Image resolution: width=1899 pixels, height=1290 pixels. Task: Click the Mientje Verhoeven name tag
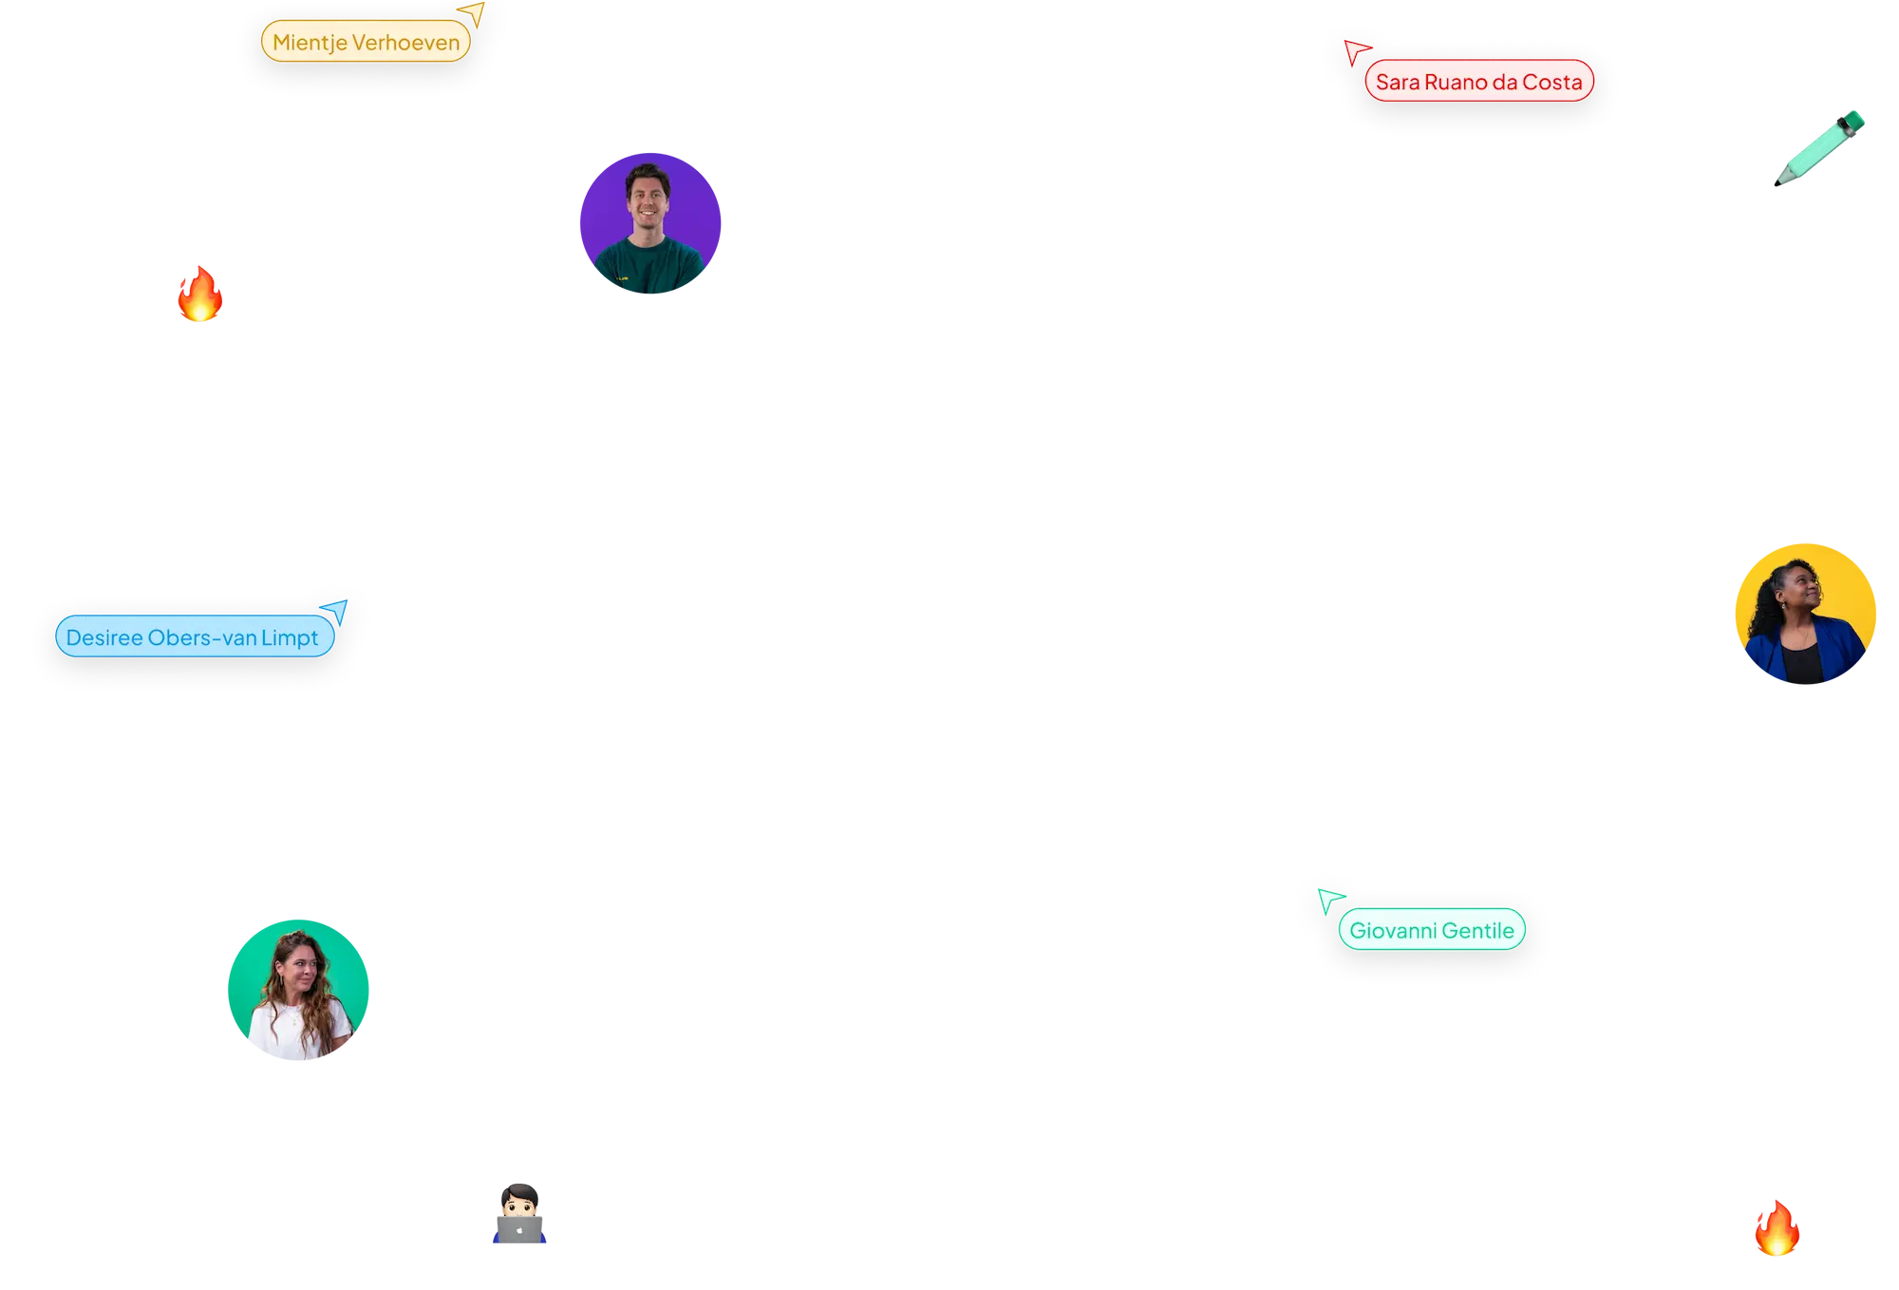[366, 43]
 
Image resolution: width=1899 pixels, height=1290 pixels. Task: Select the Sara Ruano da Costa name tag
[1478, 83]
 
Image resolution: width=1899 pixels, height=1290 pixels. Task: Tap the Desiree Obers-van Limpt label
[193, 637]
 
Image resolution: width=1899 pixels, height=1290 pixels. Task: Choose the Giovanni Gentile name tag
[1431, 931]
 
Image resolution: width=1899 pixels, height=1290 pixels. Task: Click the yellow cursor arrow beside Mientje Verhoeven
[474, 12]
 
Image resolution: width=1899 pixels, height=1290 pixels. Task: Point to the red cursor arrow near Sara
[1355, 49]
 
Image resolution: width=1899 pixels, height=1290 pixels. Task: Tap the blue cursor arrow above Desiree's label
[335, 609]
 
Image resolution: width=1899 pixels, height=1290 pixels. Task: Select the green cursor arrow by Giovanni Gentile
[1328, 898]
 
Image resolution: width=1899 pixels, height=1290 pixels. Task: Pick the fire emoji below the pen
[1777, 1228]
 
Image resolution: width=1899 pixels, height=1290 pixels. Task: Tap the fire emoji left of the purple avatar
[199, 294]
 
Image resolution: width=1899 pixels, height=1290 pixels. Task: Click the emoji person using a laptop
[519, 1213]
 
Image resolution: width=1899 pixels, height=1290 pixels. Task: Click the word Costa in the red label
[1552, 83]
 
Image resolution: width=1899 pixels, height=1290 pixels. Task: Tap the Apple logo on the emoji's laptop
[520, 1230]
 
